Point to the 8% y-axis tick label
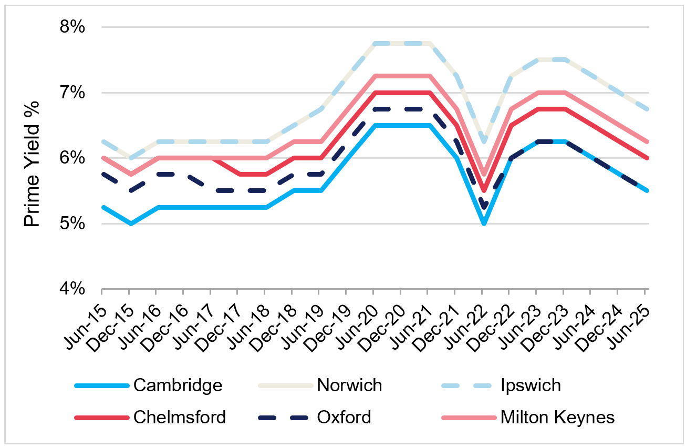click(x=71, y=27)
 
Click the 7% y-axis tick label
click(x=71, y=93)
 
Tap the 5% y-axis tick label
click(x=71, y=224)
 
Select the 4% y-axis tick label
click(x=71, y=289)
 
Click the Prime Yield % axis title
click(x=33, y=158)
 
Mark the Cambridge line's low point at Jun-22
click(x=484, y=223)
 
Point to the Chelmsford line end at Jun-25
click(x=647, y=158)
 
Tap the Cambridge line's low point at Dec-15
click(x=129, y=223)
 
